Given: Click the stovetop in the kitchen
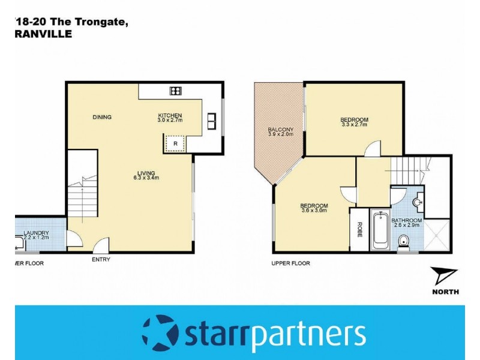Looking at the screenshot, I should pos(176,91).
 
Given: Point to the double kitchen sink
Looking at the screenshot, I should pos(212,121).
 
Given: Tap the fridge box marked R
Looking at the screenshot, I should pos(175,144).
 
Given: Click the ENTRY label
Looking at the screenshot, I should pos(101,260).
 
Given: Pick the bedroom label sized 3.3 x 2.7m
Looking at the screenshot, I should pos(355,122).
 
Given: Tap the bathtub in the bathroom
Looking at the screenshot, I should pos(380,230).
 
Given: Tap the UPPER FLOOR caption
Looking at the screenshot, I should pos(290,263).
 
